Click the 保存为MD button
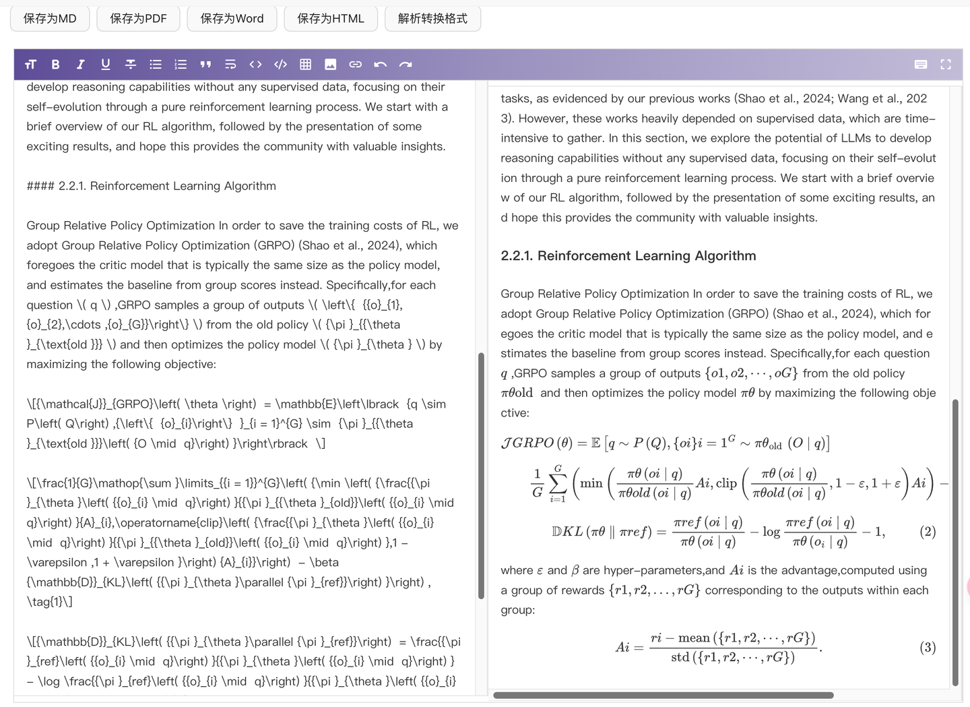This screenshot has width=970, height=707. coord(50,18)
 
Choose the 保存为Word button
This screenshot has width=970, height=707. coord(232,18)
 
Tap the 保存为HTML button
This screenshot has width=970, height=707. coord(331,18)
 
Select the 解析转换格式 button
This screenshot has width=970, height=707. coord(432,18)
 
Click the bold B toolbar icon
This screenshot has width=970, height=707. coord(55,65)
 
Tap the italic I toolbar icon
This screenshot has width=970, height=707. coord(80,65)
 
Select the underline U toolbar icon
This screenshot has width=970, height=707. coord(106,65)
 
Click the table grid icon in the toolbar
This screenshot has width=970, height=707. coord(305,65)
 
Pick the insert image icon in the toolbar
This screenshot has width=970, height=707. coord(330,65)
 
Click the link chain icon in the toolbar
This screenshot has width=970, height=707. coord(356,65)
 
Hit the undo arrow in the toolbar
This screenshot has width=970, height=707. coord(381,65)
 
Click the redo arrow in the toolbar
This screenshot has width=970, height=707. coord(406,65)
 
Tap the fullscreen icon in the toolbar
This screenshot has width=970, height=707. coord(946,65)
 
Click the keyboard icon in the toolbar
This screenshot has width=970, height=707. coord(921,65)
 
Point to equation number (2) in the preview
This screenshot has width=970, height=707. coord(928,532)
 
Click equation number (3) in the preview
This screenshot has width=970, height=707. coord(928,648)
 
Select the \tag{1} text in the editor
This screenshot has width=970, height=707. coord(49,602)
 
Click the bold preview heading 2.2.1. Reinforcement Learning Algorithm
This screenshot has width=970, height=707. coord(628,256)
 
